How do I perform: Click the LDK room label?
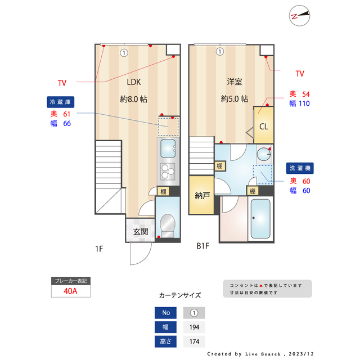click(133, 82)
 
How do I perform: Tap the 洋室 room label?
click(235, 82)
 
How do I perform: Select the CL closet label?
click(263, 125)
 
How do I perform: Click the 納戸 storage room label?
click(202, 196)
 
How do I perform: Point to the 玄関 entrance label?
click(141, 231)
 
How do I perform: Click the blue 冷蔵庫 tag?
click(60, 102)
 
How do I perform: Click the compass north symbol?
click(299, 16)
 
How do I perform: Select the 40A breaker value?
click(70, 291)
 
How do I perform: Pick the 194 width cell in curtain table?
click(194, 327)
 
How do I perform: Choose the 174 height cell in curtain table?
click(194, 341)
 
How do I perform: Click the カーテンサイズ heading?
click(179, 295)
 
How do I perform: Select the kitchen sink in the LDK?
click(168, 148)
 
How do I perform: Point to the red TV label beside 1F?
click(62, 83)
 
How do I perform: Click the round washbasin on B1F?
click(263, 154)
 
